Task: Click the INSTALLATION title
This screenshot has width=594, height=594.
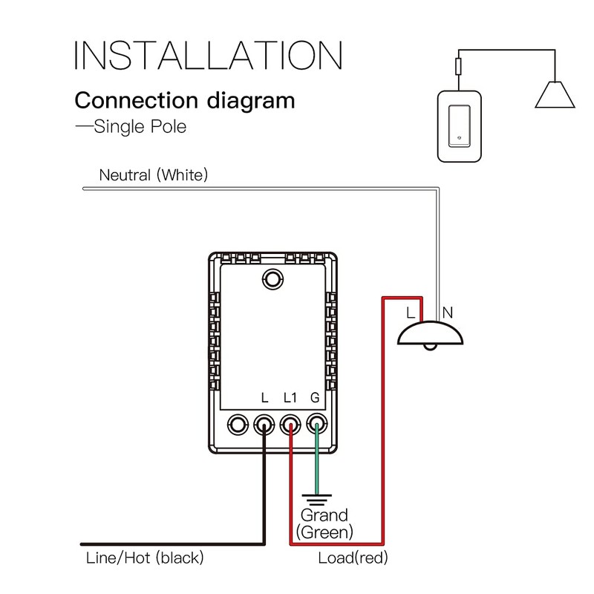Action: point(208,56)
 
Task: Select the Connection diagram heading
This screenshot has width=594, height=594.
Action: point(185,100)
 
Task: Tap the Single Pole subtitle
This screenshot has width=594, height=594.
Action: point(131,126)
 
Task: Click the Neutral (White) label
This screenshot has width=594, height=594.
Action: point(154,175)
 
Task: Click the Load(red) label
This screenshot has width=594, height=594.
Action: point(353,558)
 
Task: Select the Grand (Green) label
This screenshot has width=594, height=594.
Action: point(324,523)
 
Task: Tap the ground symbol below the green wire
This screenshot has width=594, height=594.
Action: point(316,500)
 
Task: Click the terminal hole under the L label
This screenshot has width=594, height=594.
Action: point(264,425)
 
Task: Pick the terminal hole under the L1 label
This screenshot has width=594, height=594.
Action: point(290,425)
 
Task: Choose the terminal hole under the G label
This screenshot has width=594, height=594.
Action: point(316,425)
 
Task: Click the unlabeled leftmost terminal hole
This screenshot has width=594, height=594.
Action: point(238,425)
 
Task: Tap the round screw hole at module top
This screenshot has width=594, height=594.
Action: point(273,279)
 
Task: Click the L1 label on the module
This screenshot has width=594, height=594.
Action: point(290,398)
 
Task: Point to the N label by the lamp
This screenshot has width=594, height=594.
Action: point(447,313)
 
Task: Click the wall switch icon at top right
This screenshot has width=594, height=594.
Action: point(460,127)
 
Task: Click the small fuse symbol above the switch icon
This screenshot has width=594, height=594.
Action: point(460,68)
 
